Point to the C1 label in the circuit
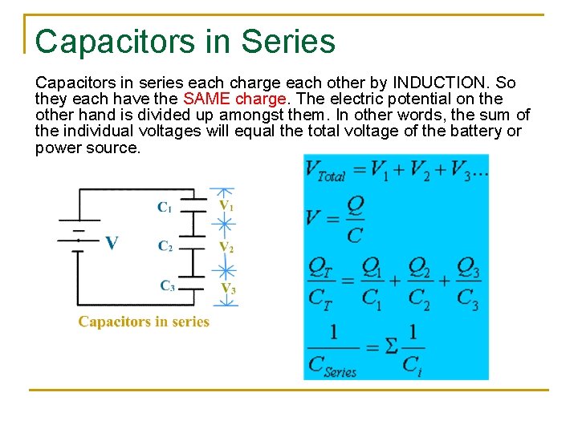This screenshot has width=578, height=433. click(x=164, y=208)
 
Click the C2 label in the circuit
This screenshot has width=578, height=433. click(x=165, y=246)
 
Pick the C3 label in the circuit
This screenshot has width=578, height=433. click(x=167, y=285)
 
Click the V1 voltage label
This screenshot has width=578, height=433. click(x=227, y=205)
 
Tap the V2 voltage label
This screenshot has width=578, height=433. click(x=227, y=247)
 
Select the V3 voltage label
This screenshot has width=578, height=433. click(x=229, y=288)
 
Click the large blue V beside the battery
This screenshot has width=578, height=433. click(x=112, y=242)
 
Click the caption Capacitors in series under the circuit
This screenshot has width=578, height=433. click(x=144, y=322)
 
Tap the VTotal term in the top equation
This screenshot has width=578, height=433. click(x=326, y=171)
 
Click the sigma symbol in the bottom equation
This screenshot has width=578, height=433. click(x=390, y=346)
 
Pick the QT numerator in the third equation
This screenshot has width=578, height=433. click(x=321, y=266)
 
